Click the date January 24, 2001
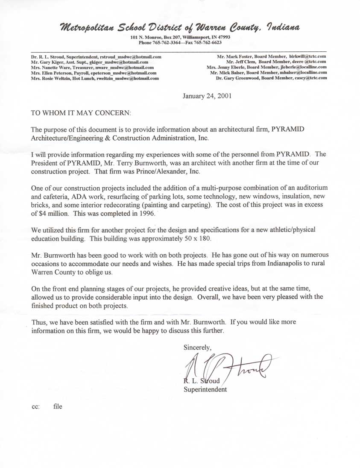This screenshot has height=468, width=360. (207, 96)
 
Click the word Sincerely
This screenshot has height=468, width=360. (197, 347)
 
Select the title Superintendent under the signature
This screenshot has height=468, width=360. (205, 389)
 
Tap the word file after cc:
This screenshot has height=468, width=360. (58, 406)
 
